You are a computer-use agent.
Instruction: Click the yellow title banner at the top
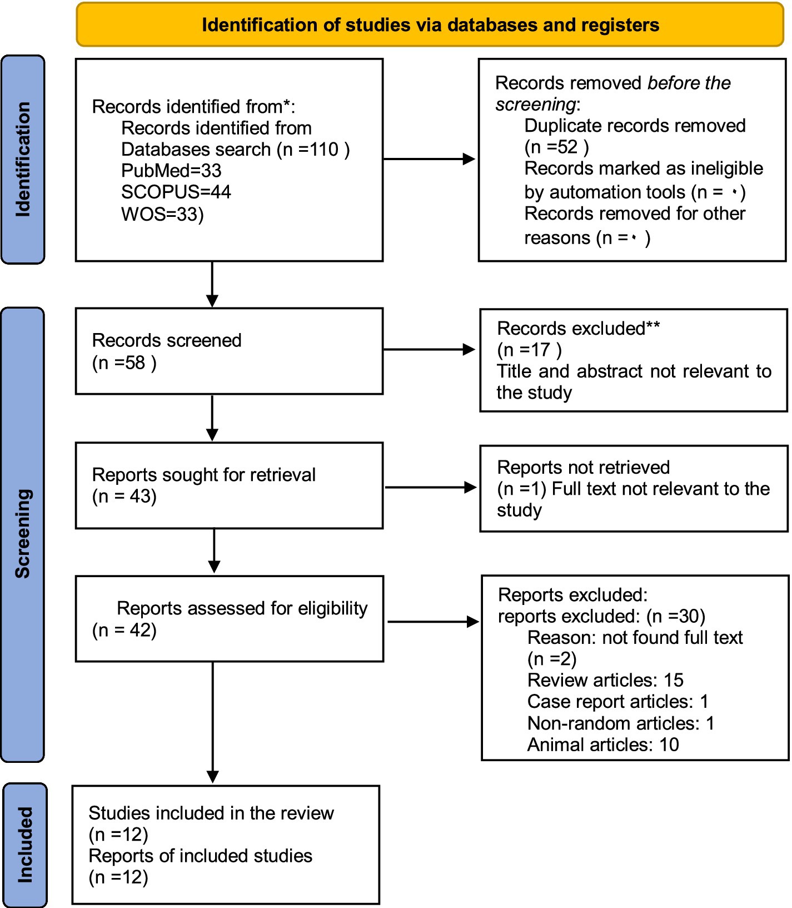coord(430,25)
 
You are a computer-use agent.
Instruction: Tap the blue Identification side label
coord(23,159)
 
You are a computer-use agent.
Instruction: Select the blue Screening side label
coord(23,534)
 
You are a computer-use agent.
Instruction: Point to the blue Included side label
coord(25,845)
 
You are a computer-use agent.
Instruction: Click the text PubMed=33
coord(171,171)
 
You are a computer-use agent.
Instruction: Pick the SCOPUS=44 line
coord(176,192)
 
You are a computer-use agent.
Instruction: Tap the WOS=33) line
coord(162,214)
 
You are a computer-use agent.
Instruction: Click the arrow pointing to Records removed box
coord(429,159)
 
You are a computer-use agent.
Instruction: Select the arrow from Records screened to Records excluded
coord(429,350)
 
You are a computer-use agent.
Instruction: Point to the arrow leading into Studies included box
coord(212,722)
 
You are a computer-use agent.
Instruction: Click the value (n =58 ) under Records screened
coord(124,363)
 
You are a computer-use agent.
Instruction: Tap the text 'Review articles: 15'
coord(605,680)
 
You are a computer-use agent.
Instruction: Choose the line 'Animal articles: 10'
coord(603,745)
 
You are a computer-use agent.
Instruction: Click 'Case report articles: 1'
coord(618,702)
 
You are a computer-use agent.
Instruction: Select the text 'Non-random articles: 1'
coord(621,723)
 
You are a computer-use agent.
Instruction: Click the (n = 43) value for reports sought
coord(124,497)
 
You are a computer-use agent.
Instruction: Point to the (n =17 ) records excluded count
coord(530,350)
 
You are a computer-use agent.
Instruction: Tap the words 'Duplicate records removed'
coord(635,126)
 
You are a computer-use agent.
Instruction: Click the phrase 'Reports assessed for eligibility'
coord(242,609)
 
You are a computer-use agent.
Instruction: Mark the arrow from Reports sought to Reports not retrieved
coord(431,488)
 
